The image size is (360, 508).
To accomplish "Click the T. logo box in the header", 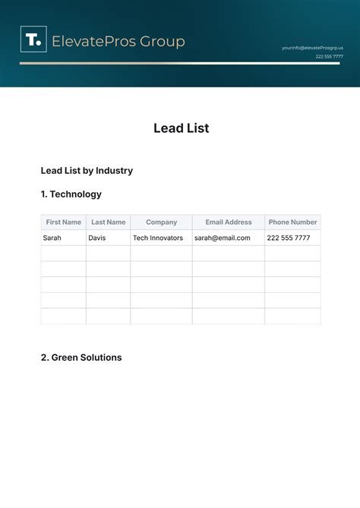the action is tap(33, 39).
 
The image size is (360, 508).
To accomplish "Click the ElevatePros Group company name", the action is tap(118, 41).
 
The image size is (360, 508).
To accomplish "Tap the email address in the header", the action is tap(312, 47).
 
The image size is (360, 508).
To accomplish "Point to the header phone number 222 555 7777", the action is tap(329, 56).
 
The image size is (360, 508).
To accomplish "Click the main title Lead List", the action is tap(181, 128).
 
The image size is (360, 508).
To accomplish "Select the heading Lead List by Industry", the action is tap(87, 170).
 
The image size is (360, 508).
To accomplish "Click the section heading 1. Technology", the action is tap(71, 194).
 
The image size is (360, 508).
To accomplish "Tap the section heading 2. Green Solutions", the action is tap(81, 357).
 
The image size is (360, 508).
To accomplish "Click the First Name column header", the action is tap(63, 222).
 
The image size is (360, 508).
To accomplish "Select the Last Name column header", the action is tap(108, 222).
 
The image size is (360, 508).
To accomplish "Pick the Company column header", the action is tap(161, 222).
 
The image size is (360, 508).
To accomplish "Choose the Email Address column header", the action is tap(228, 222).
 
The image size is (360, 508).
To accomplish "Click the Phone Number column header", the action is tap(292, 222).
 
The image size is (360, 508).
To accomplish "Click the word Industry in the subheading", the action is tap(113, 170).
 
